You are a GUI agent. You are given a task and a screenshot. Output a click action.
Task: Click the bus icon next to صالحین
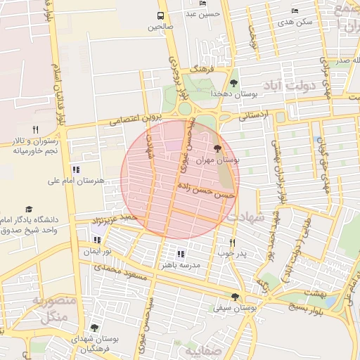point(161,15)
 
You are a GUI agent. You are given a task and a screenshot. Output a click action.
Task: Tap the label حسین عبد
point(204,13)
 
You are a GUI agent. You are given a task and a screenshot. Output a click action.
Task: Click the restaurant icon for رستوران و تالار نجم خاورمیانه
point(35,129)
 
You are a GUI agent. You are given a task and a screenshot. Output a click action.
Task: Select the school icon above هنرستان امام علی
point(77,169)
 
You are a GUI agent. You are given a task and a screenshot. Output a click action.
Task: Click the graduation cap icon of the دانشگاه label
point(30,209)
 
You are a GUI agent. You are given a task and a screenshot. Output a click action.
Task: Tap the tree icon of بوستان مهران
point(217,148)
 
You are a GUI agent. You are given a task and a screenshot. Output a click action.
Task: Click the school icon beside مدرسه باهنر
point(181,254)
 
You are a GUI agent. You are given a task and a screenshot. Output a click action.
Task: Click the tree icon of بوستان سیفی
point(235,297)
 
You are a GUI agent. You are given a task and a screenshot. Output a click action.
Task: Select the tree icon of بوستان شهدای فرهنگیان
point(94,328)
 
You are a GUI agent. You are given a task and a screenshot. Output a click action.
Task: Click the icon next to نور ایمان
point(97,240)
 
